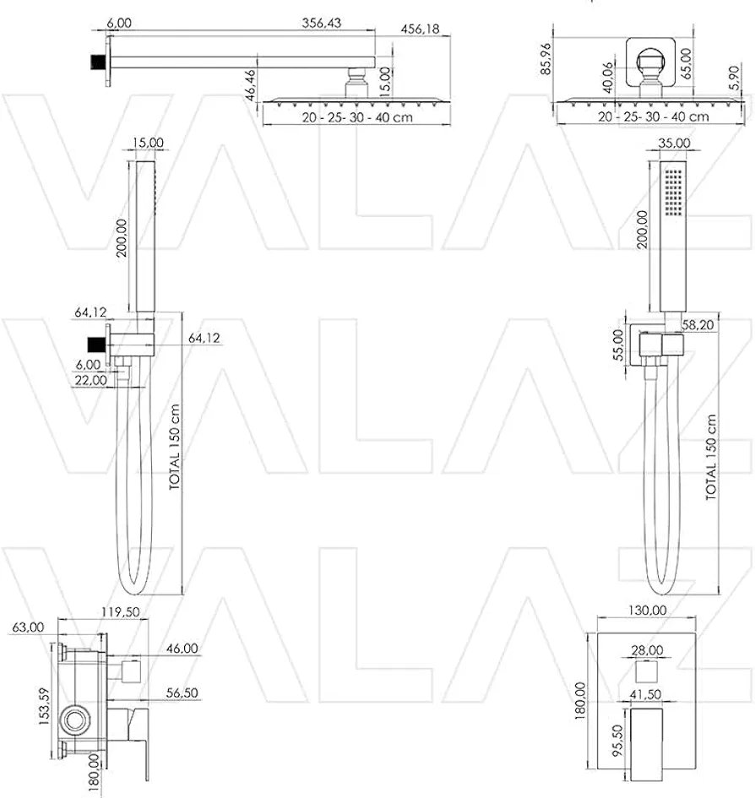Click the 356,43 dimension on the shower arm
(x=321, y=23)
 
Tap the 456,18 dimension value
(x=420, y=29)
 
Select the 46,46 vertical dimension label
(x=252, y=85)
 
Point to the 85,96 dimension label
(x=546, y=58)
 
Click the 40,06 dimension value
(x=607, y=78)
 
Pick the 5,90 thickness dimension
(x=734, y=78)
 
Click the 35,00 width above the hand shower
(x=674, y=143)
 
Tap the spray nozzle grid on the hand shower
(x=674, y=193)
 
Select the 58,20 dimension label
(x=698, y=325)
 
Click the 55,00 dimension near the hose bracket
(x=618, y=345)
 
